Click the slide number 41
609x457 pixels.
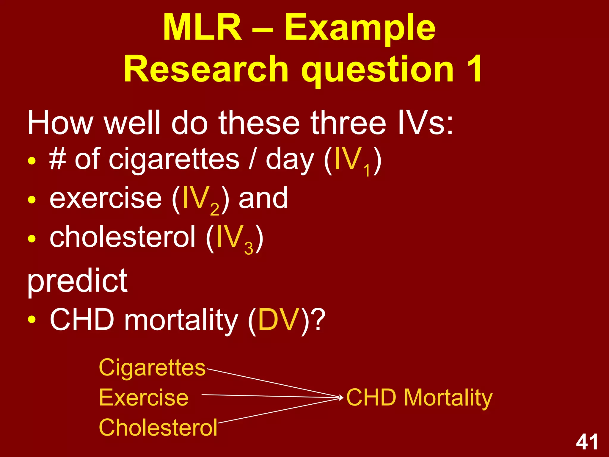[x=587, y=442]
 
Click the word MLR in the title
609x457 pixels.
[x=202, y=28]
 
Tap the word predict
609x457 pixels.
[x=77, y=281]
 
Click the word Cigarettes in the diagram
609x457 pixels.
[x=152, y=368]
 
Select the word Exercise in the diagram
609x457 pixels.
[x=144, y=397]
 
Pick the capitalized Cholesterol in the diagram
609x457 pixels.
[x=158, y=428]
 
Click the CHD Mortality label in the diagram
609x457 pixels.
[x=419, y=397]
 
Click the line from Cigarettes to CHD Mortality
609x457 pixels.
[x=274, y=383]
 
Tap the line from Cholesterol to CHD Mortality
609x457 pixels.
[x=280, y=410]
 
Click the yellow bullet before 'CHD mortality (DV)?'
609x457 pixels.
[x=32, y=320]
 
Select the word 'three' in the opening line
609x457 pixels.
[x=348, y=123]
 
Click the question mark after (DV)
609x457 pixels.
[x=318, y=320]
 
